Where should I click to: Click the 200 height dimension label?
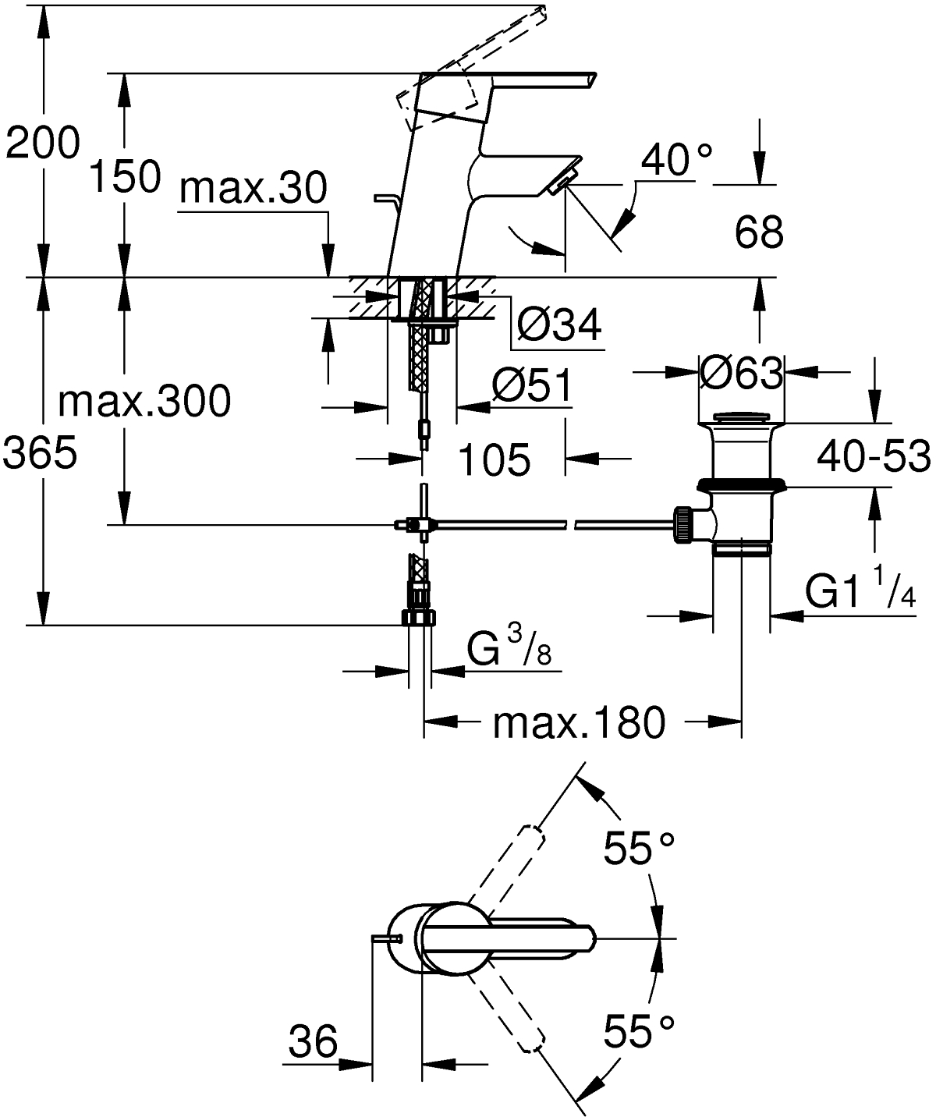[x=43, y=144]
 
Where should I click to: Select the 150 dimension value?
[x=125, y=176]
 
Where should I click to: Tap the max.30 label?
[x=253, y=188]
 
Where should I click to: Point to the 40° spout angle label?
[x=676, y=159]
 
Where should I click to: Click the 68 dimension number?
[x=759, y=232]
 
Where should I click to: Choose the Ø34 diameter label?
[x=559, y=324]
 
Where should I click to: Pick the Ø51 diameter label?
[x=532, y=385]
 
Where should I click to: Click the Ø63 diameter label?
[x=741, y=372]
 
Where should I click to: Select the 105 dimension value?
[x=495, y=459]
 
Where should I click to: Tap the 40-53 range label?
[x=874, y=456]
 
